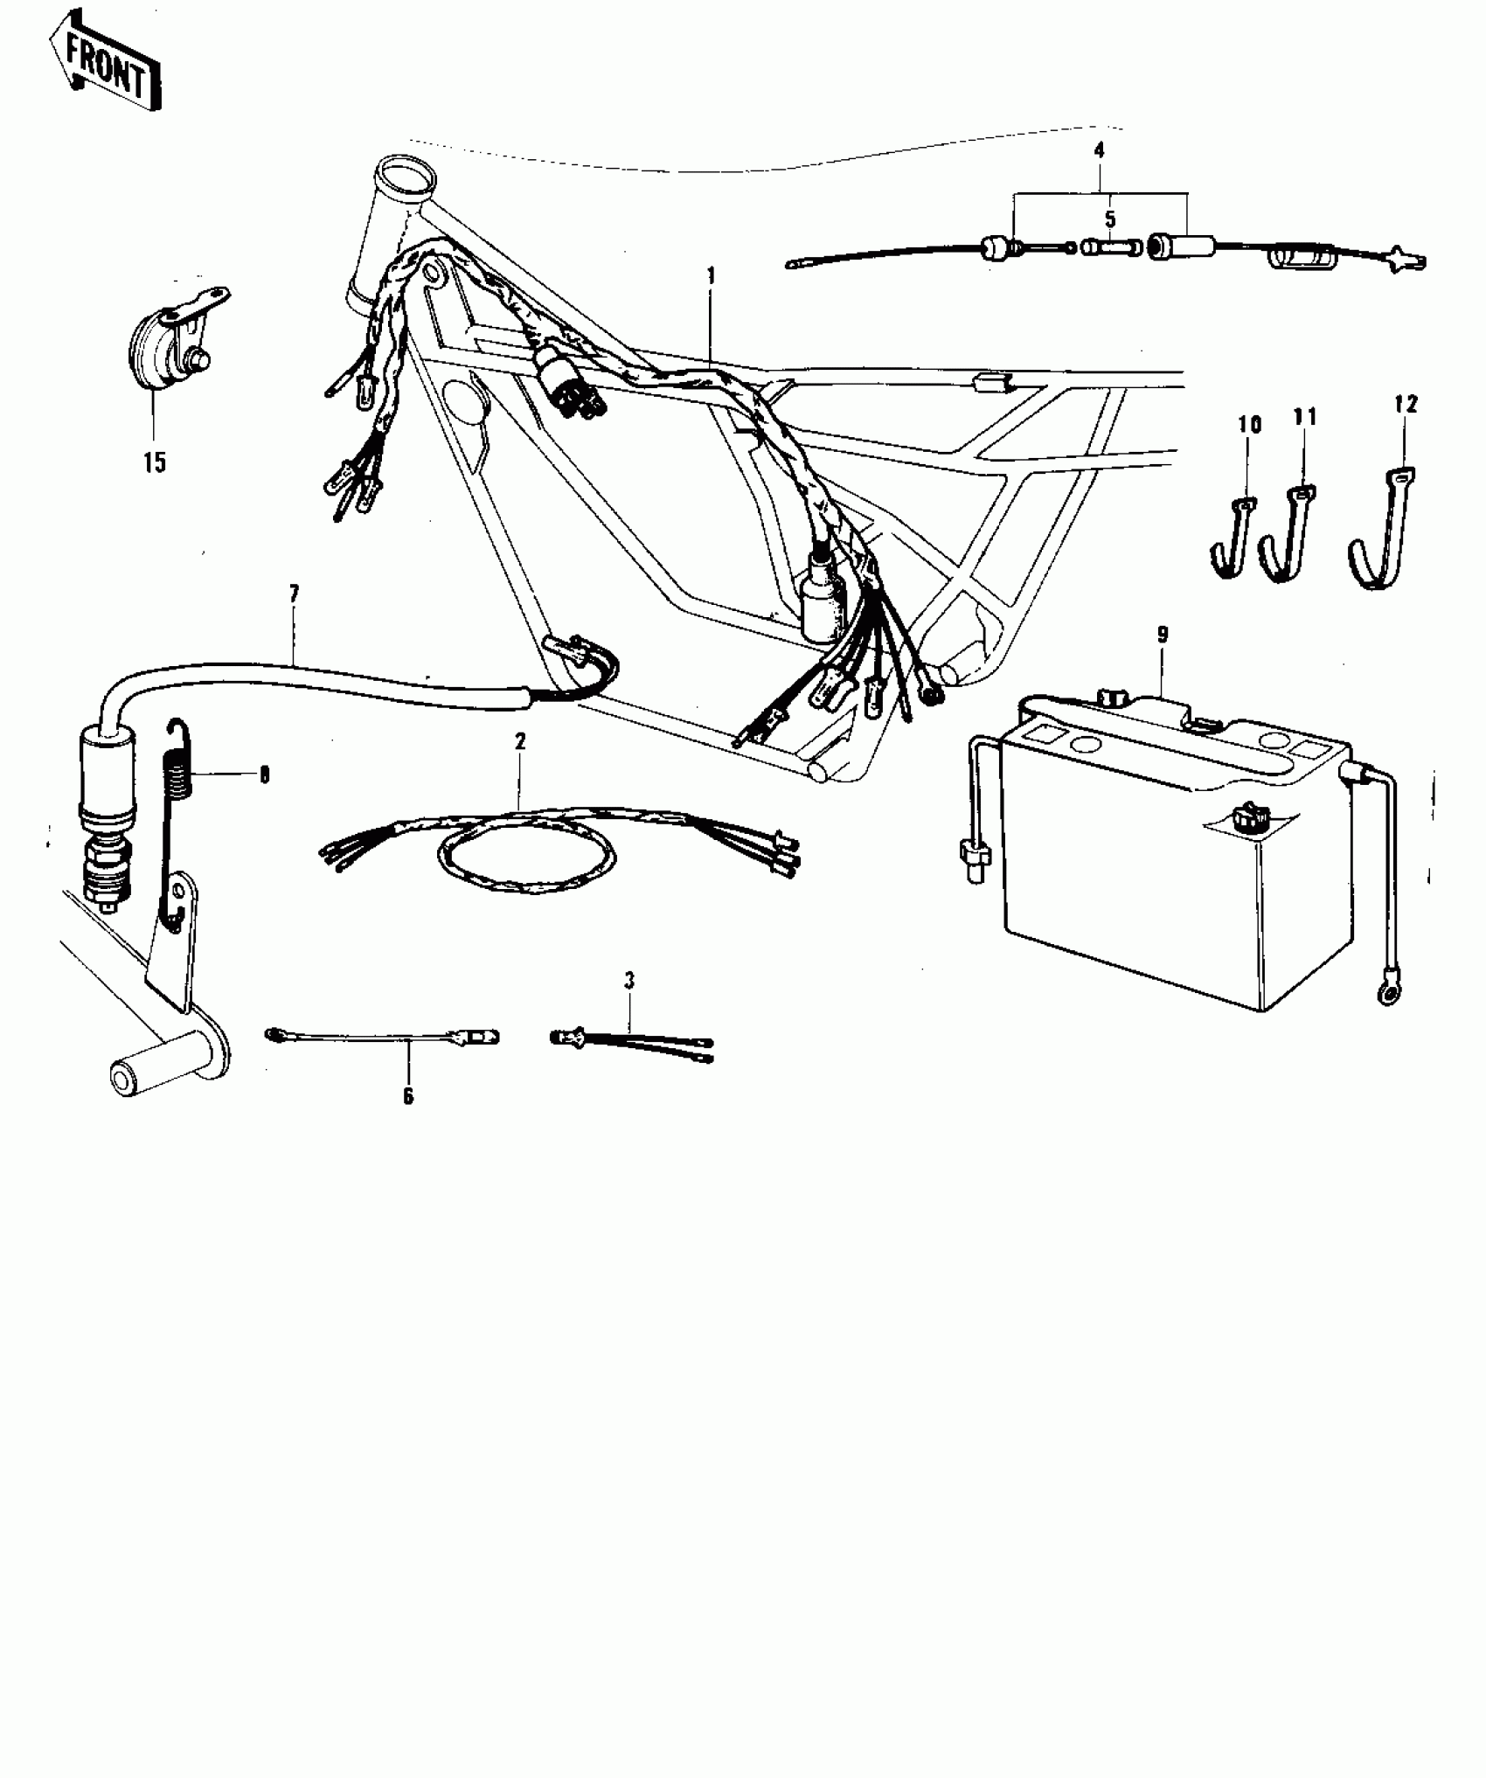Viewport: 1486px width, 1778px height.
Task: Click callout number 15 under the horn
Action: tap(155, 462)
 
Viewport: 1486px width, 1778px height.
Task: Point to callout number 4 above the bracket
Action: tap(1099, 150)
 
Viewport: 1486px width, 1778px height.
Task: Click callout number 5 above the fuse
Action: tap(1110, 219)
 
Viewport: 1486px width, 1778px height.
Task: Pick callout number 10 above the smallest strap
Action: tap(1250, 426)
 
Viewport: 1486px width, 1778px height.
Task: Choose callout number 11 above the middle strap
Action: tap(1304, 418)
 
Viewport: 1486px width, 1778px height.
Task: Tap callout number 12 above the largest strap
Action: tap(1406, 405)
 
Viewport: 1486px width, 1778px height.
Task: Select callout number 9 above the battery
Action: tap(1163, 635)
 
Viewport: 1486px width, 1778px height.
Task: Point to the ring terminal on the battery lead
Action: tap(1384, 990)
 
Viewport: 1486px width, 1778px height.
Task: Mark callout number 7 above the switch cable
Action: tap(294, 594)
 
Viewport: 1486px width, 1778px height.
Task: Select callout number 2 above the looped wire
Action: tap(520, 741)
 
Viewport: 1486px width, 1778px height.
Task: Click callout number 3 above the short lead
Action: tap(629, 981)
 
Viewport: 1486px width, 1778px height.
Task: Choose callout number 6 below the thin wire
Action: tap(408, 1096)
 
